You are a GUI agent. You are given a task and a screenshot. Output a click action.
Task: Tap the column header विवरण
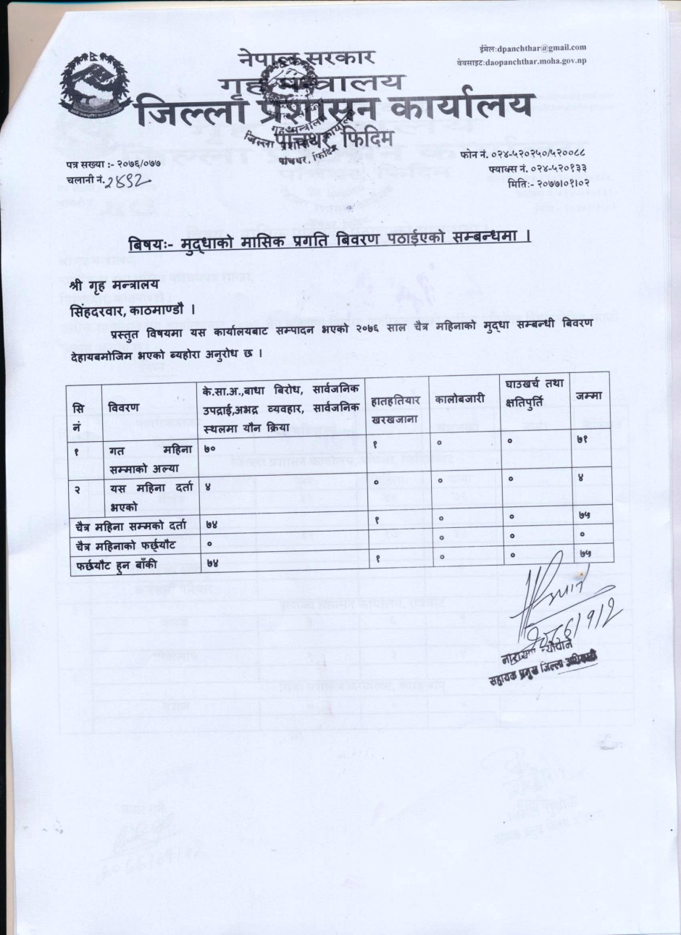124,407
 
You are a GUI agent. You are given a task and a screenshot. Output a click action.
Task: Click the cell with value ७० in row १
212,450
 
